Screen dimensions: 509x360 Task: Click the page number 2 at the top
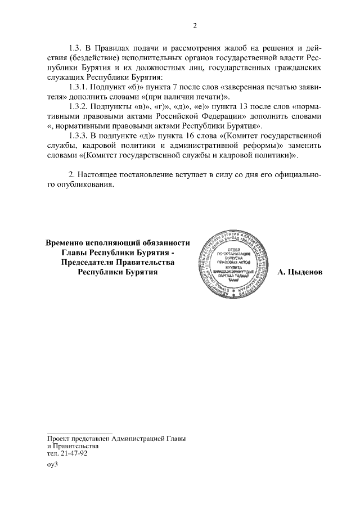point(195,25)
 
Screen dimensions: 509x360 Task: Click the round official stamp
point(234,264)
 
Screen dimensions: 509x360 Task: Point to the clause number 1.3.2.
point(79,106)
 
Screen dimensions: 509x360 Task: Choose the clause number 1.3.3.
point(79,136)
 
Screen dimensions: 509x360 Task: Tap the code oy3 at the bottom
point(53,466)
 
